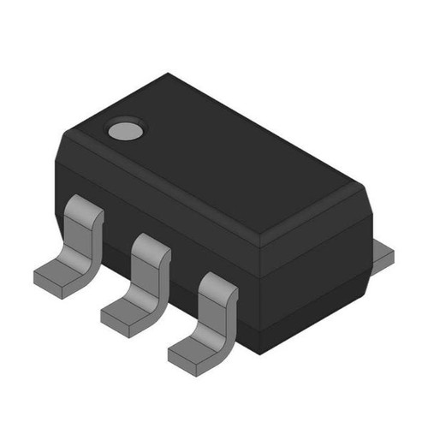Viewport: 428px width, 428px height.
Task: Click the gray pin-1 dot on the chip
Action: point(125,131)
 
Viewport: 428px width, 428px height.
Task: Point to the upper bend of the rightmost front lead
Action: point(218,286)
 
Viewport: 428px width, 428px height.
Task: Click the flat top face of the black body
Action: point(223,154)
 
